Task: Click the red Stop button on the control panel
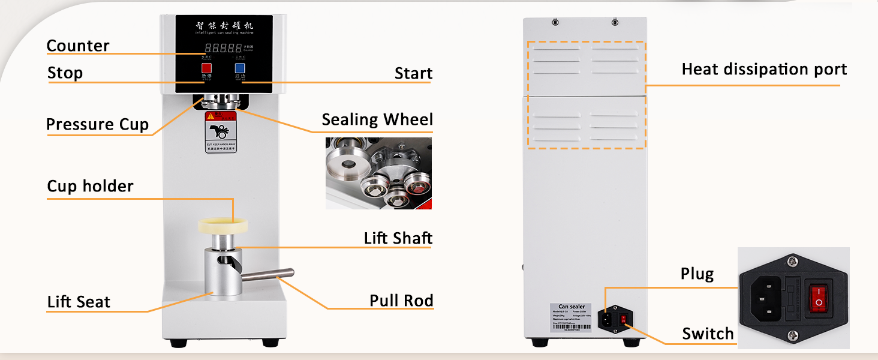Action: [206, 68]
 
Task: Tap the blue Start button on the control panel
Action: [240, 68]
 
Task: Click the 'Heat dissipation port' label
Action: [764, 70]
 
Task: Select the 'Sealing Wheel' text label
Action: [377, 119]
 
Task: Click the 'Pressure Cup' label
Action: [97, 124]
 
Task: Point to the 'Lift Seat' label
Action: [79, 302]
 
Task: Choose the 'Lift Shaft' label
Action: [398, 238]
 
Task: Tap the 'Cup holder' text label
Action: [90, 186]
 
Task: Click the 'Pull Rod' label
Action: [401, 300]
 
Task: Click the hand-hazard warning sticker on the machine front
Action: [220, 131]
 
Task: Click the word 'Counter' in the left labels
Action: [78, 46]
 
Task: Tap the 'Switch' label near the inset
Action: [708, 334]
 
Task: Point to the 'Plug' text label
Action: [697, 274]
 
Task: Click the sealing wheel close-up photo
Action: [378, 173]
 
